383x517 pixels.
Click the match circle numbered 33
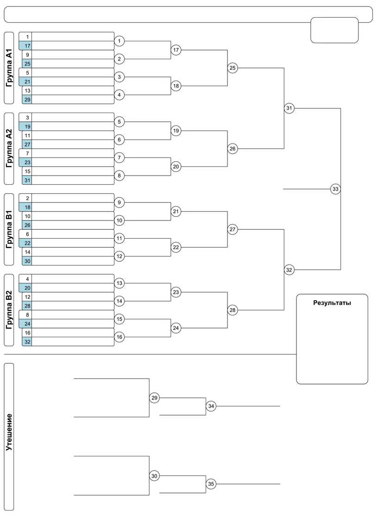[x=336, y=189]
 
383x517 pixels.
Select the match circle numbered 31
[x=289, y=108]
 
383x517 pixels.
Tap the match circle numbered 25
[x=232, y=68]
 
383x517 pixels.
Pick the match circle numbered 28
[x=232, y=310]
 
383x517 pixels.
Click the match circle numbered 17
[x=176, y=50]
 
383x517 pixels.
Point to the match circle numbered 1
[x=119, y=41]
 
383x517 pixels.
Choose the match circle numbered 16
[x=119, y=337]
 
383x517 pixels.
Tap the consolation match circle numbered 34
[x=211, y=406]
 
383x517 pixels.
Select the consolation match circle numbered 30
[x=155, y=476]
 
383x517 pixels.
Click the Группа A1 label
[x=9, y=68]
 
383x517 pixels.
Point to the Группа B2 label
[x=9, y=310]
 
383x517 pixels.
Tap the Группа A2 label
[x=9, y=149]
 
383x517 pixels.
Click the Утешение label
[x=9, y=436]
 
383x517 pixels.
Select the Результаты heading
[x=332, y=303]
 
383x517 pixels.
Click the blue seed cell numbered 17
[x=28, y=46]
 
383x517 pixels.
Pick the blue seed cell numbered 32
[x=28, y=341]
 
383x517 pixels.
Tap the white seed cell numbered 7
[x=28, y=153]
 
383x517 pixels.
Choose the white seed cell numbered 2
[x=28, y=198]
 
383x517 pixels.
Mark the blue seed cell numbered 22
[x=28, y=243]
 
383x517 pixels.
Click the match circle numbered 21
[x=176, y=211]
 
